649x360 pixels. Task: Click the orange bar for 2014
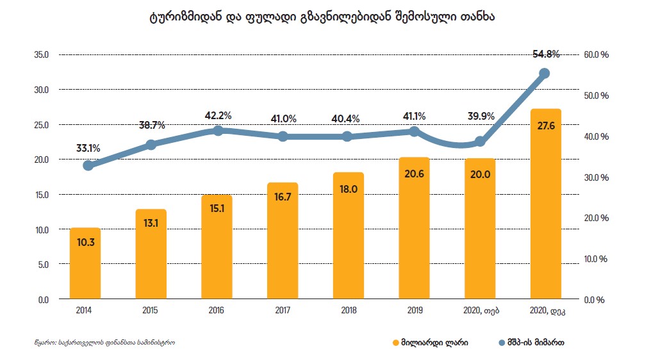click(85, 264)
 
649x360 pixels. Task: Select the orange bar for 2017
click(283, 241)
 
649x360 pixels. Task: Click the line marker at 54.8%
click(545, 74)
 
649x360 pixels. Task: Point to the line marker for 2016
click(218, 131)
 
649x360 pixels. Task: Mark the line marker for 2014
click(88, 165)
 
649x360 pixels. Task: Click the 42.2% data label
click(218, 116)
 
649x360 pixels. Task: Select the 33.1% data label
click(88, 149)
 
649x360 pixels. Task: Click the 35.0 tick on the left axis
click(42, 54)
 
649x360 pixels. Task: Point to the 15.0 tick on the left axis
click(42, 194)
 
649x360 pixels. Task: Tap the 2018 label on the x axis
click(348, 311)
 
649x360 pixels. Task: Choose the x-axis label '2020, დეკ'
click(546, 311)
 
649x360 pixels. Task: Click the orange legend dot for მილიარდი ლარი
click(395, 343)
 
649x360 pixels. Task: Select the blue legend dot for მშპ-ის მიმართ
click(502, 343)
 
